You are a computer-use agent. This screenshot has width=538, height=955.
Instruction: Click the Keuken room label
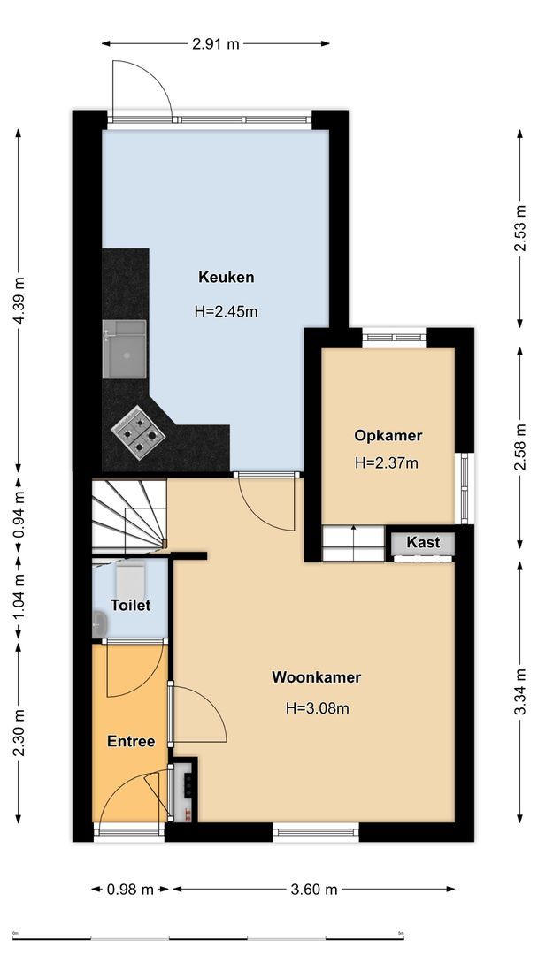(226, 278)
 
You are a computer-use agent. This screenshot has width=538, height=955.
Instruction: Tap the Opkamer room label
(388, 435)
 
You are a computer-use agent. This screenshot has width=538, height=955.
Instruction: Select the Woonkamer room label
(316, 678)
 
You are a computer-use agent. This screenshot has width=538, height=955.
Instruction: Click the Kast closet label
(423, 542)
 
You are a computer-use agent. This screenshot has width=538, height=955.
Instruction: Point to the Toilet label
(130, 606)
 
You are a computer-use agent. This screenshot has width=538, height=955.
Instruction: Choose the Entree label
(131, 741)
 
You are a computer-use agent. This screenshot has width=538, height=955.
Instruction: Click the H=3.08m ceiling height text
(317, 708)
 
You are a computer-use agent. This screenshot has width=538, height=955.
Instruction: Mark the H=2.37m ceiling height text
(387, 462)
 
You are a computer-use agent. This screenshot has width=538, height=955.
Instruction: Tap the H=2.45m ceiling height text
(226, 311)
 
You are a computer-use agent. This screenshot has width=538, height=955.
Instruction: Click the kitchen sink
(124, 349)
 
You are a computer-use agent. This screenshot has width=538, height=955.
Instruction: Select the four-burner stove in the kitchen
(137, 432)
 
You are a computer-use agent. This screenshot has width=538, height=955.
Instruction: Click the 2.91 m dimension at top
(215, 42)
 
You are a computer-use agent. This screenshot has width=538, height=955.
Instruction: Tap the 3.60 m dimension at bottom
(314, 889)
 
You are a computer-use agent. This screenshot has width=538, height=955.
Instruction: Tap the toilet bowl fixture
(130, 579)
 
